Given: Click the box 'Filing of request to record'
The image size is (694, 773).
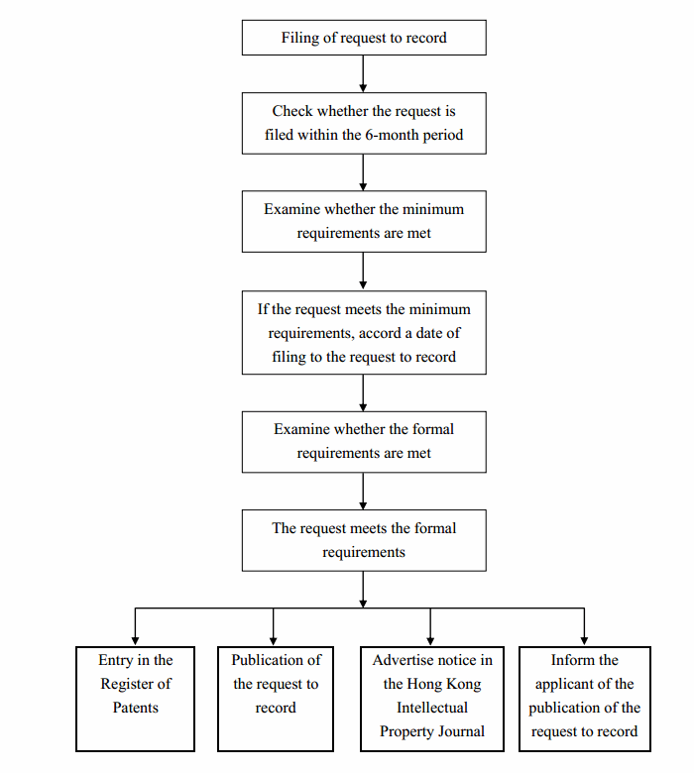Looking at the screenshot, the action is click(364, 38).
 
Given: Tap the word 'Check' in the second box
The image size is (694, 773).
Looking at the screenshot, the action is click(292, 111).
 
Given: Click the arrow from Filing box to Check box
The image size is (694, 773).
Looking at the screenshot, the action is click(363, 73).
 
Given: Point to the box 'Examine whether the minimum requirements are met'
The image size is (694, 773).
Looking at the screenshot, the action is click(364, 221).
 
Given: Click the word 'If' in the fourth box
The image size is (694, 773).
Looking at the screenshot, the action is click(263, 309).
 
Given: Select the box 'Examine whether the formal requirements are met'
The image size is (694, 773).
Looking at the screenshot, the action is click(364, 442).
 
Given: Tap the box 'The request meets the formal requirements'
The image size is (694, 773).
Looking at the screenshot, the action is click(364, 540).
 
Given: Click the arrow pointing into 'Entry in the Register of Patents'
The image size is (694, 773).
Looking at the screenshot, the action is click(135, 626).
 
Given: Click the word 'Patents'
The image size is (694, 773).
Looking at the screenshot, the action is click(136, 708).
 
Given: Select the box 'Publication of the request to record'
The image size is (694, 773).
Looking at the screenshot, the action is click(276, 699).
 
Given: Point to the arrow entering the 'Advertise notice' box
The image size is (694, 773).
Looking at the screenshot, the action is click(430, 626).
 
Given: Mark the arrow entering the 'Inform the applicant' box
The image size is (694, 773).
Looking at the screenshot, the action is click(584, 626).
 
